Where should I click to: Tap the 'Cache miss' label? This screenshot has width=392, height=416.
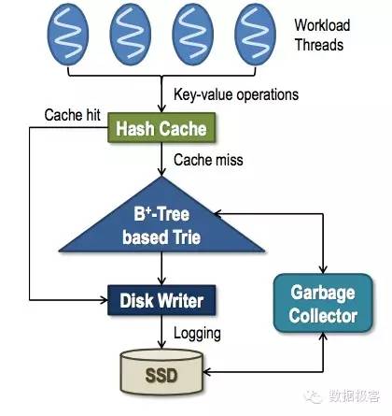(x=207, y=160)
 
